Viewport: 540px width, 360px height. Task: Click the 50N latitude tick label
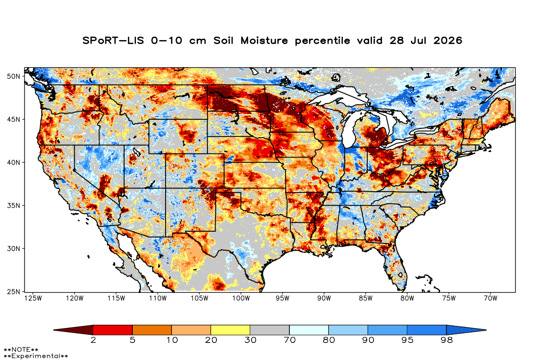[13, 76]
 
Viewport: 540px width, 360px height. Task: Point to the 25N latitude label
[13, 292]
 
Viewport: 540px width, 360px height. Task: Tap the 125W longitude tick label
[33, 298]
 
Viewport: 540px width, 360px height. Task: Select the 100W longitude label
[241, 298]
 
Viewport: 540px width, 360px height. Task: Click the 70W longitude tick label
[490, 298]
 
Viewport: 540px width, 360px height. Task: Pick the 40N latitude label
[13, 162]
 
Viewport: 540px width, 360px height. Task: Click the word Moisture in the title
[264, 40]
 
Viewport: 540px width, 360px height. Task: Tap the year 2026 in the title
[448, 40]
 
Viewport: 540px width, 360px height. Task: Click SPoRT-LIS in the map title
[113, 40]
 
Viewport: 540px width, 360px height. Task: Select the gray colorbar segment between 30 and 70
[270, 330]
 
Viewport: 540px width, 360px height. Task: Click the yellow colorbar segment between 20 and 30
[230, 330]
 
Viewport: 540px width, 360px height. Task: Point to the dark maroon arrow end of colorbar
[73, 330]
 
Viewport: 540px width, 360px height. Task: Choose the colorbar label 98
[446, 340]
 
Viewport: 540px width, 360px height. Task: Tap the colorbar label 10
[172, 340]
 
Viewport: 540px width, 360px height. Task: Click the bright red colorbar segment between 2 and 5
[113, 330]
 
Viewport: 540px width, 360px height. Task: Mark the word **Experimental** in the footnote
[36, 356]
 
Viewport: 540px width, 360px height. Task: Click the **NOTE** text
[21, 349]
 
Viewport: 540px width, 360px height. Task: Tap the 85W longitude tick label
[365, 298]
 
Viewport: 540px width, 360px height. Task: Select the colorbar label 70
[289, 340]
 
